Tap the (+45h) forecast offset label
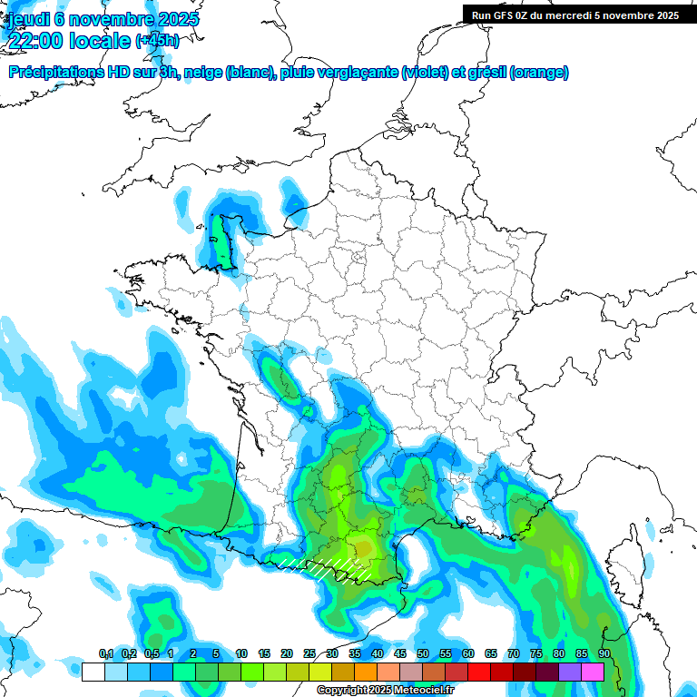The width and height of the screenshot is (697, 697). click(x=157, y=40)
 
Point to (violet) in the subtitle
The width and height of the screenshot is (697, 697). click(x=424, y=72)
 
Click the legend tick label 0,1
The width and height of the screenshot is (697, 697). click(x=105, y=654)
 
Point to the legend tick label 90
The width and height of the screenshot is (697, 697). click(x=604, y=654)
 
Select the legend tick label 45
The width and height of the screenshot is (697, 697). click(x=400, y=654)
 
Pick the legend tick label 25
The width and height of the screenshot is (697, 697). click(x=309, y=654)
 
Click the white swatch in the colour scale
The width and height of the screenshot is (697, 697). click(x=93, y=672)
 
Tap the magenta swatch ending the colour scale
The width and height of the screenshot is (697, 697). click(x=593, y=672)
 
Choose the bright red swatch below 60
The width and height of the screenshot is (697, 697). click(x=479, y=672)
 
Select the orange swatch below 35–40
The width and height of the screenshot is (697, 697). click(x=366, y=672)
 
